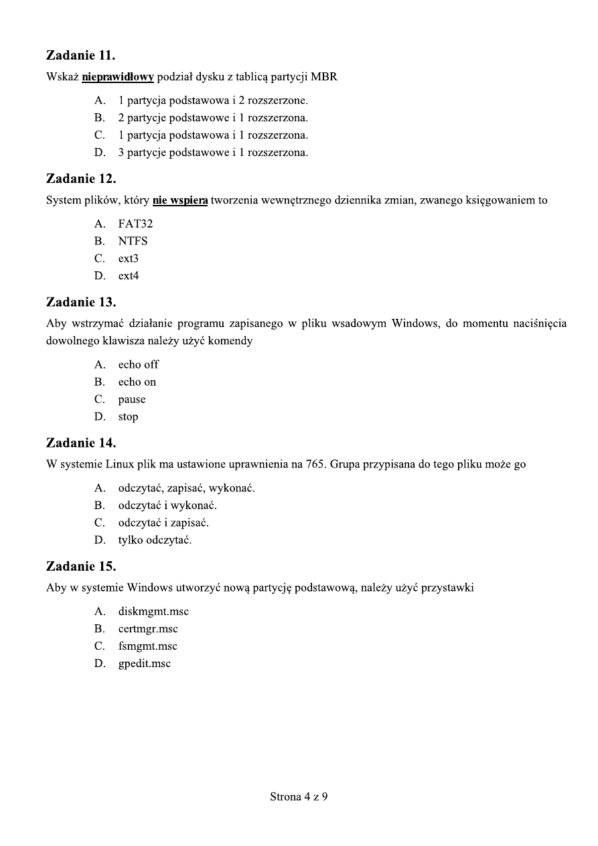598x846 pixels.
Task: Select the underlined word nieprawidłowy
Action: pos(118,77)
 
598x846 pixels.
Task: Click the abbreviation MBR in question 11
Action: pos(324,77)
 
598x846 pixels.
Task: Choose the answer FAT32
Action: pos(135,224)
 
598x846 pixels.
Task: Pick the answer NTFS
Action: pos(133,241)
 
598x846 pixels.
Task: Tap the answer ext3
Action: pos(129,259)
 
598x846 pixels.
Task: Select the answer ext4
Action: pos(129,276)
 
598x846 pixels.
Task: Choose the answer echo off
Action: pos(139,365)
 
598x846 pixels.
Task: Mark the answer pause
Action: pos(132,400)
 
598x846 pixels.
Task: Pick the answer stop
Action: pos(128,417)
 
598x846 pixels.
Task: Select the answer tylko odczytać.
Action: pos(155,541)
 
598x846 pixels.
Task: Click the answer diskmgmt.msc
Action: pos(149,612)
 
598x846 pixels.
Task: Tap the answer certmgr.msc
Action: pos(148,629)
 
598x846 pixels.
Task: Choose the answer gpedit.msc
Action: pos(145,664)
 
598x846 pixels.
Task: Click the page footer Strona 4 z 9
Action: pos(299,797)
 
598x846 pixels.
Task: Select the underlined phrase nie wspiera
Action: pos(180,200)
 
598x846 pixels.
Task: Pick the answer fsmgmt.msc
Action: pos(148,646)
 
